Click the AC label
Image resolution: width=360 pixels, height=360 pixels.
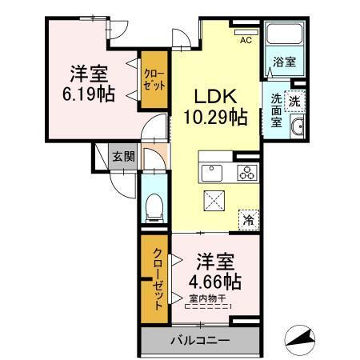coord(246,40)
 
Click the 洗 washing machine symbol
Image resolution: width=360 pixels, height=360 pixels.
coord(294,101)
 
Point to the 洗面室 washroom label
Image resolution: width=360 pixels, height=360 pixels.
coord(276,110)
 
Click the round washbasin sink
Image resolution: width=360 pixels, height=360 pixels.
coord(298,128)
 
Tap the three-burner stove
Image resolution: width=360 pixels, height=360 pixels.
coord(246,172)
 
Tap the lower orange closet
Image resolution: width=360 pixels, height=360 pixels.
coord(157,275)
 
